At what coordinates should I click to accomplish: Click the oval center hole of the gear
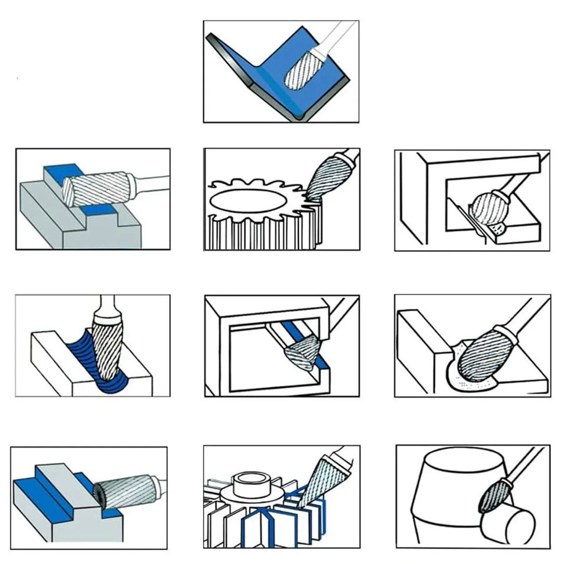244,201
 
